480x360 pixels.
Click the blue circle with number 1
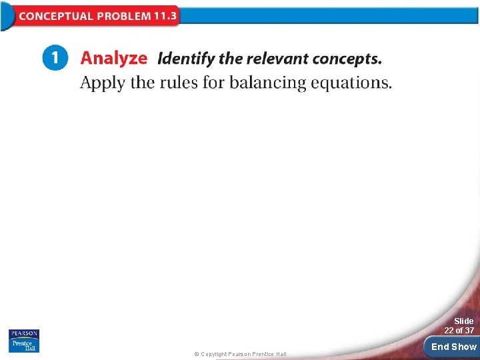coord(55,58)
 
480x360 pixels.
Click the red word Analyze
coord(113,59)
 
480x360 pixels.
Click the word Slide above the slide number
coord(463,321)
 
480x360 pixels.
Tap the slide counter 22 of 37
coord(459,331)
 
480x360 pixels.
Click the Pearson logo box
coord(24,333)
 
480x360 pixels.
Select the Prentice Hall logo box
coord(24,345)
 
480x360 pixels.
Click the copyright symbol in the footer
coord(196,354)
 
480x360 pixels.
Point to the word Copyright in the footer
coord(213,354)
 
